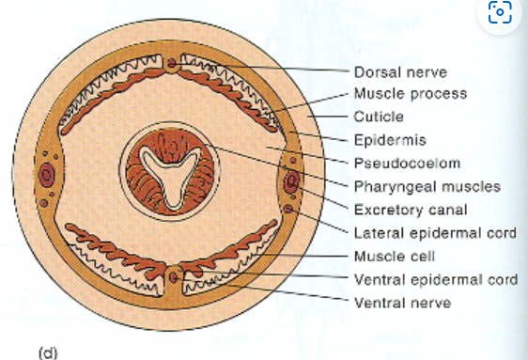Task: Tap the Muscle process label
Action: point(410,94)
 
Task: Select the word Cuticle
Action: point(379,117)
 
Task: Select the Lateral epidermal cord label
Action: point(434,232)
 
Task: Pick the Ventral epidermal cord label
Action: point(434,279)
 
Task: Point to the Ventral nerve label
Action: point(402,302)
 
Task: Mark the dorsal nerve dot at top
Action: point(174,64)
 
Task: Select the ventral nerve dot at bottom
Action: point(174,278)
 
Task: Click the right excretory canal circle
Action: point(292,180)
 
